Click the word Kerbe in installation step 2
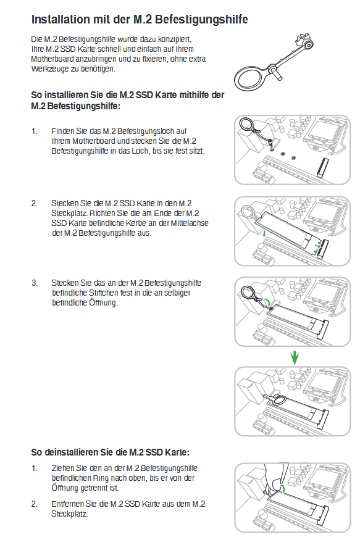coord(136,223)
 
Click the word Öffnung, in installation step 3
coord(104,303)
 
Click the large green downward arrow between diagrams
coord(295,357)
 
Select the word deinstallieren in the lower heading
coord(71,452)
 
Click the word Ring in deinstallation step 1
coord(101,478)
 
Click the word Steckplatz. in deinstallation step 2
coord(70,514)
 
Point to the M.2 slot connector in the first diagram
coord(322,168)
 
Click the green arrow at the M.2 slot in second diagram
coord(318,246)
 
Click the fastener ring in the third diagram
coord(248,293)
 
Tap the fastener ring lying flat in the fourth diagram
coord(279,400)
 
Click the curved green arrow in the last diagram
coord(283,488)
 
